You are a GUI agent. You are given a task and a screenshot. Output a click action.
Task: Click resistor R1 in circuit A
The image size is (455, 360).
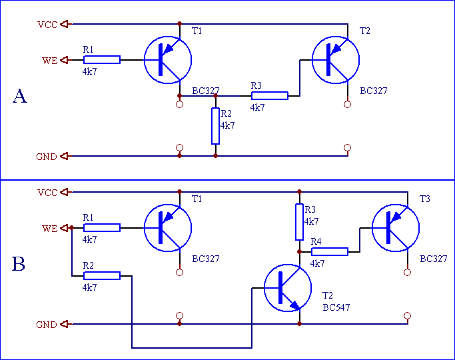point(102,60)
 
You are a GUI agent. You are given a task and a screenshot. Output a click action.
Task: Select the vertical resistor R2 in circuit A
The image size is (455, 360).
point(215,126)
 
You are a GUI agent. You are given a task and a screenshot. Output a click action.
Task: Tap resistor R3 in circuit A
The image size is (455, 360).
point(270,95)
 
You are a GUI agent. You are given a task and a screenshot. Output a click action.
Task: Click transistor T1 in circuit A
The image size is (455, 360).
point(168,60)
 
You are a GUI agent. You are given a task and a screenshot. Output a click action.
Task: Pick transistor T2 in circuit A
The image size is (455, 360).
point(336,60)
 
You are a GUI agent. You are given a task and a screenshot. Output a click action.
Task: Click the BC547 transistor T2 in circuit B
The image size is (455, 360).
point(288,288)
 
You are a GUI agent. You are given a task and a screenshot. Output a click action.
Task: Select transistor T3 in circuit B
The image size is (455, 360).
point(396,228)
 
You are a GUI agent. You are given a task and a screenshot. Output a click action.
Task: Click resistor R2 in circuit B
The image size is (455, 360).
point(102,276)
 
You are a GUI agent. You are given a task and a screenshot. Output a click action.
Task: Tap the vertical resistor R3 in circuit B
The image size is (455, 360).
point(300,222)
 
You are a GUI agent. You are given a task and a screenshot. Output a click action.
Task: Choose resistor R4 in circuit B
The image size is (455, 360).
point(330,252)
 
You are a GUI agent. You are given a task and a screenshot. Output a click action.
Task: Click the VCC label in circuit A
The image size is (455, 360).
point(47,25)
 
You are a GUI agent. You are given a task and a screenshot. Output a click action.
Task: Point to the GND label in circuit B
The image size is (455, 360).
point(47,325)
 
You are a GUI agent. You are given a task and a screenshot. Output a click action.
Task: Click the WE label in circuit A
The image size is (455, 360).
point(49,61)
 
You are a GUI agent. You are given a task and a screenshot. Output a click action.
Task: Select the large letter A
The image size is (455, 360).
point(20,96)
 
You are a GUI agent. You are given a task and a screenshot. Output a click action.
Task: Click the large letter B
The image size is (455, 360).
point(19,264)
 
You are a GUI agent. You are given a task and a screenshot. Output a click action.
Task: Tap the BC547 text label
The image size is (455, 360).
point(336,307)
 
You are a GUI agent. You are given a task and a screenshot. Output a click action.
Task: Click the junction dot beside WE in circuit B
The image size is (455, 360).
point(72,228)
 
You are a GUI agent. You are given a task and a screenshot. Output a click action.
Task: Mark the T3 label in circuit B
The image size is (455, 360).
point(425,199)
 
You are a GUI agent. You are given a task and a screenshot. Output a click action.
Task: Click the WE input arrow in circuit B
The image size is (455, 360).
point(64,228)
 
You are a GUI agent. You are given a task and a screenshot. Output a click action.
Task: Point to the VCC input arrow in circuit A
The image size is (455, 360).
point(64,24)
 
